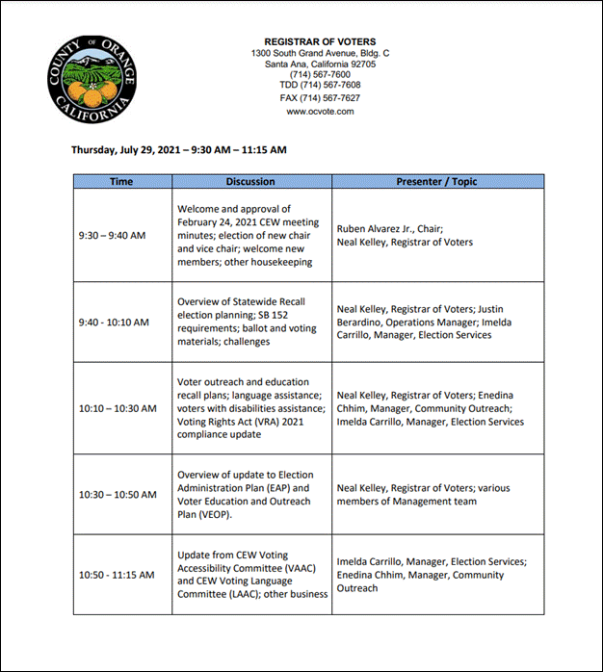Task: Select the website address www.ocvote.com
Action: coord(320,112)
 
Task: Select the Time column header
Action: coord(121,181)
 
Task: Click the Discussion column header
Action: coord(250,181)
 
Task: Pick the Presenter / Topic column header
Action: coord(436,181)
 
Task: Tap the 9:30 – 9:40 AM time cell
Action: coord(113,235)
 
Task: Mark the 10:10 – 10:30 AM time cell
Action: coord(117,408)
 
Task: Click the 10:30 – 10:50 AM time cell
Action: coord(117,495)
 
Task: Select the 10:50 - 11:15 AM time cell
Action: coord(116,575)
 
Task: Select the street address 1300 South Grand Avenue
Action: coord(305,52)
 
